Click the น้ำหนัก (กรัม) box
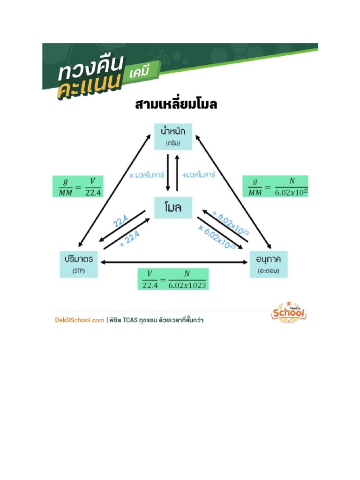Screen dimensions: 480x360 point(173,136)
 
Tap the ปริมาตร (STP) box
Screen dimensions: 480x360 point(79,264)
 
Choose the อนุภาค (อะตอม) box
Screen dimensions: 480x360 point(269,264)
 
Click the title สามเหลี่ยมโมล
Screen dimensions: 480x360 point(176,104)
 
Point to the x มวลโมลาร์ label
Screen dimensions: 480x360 point(147,175)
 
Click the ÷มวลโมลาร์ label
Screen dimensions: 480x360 point(199,175)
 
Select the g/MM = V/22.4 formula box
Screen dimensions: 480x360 point(76,187)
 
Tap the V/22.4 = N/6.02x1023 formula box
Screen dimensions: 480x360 point(173,279)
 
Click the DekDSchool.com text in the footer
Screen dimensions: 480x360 point(78,320)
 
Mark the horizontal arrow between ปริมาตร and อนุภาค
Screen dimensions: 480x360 point(173,262)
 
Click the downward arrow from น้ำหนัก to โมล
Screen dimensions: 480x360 point(168,173)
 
